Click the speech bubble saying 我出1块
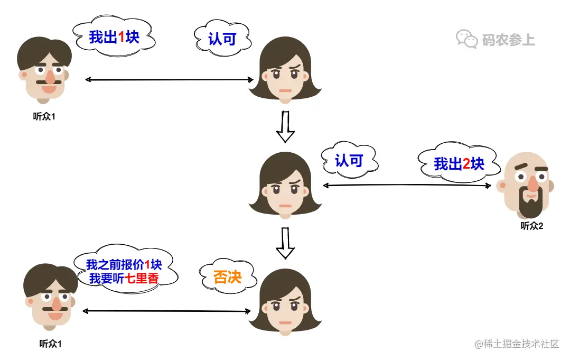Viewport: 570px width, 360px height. pos(114,37)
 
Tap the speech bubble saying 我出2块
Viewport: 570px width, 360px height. pos(459,163)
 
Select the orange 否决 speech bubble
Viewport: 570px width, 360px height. pos(227,276)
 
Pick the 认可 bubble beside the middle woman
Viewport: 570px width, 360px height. pos(349,160)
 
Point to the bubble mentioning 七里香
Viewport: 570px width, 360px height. pos(123,271)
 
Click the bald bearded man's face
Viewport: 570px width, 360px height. pos(528,182)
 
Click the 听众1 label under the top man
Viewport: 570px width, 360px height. pos(44,116)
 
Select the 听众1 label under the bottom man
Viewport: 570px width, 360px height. pos(51,344)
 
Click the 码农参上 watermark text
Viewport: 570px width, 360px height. pos(508,40)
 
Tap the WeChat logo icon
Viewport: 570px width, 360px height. pos(466,39)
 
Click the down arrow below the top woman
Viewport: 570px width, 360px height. pos(285,127)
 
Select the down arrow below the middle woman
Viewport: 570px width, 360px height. pos(285,243)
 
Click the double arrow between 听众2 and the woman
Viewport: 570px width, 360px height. pos(407,185)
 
